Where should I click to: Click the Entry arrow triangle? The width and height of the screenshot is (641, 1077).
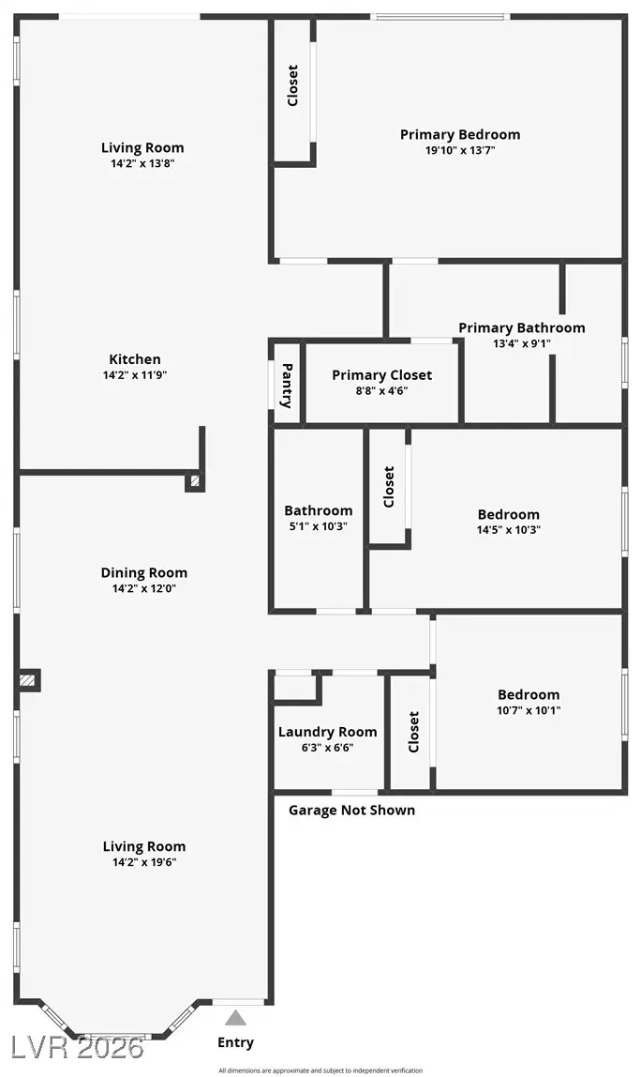[x=236, y=1018]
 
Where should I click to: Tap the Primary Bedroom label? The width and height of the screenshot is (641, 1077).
[x=459, y=134]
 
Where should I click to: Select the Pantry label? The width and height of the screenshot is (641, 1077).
[x=288, y=386]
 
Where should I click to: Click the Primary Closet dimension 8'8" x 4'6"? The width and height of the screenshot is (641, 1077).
[x=381, y=391]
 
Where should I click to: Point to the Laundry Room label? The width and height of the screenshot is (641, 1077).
[x=327, y=732]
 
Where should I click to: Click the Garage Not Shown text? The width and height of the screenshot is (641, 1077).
[x=351, y=810]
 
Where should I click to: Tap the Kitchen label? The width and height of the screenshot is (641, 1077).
[x=135, y=359]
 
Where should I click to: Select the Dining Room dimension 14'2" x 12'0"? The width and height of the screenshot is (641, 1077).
[x=143, y=589]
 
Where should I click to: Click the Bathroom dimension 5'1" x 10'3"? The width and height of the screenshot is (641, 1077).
[x=319, y=527]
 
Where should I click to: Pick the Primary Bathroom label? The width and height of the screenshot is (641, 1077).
[x=521, y=327]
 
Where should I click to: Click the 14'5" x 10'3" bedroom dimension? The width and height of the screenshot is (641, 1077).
[x=508, y=530]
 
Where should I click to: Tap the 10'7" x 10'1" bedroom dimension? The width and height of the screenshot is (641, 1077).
[x=529, y=710]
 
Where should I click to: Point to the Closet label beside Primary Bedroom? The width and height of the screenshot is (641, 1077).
[x=292, y=85]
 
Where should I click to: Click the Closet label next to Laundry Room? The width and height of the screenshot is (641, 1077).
[x=413, y=731]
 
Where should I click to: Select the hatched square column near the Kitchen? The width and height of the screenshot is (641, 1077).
[x=195, y=481]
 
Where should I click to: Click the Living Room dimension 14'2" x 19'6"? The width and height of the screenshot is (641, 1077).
[x=143, y=862]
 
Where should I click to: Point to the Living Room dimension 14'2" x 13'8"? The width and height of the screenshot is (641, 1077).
[x=142, y=163]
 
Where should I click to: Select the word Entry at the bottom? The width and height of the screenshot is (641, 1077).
[x=235, y=1042]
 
